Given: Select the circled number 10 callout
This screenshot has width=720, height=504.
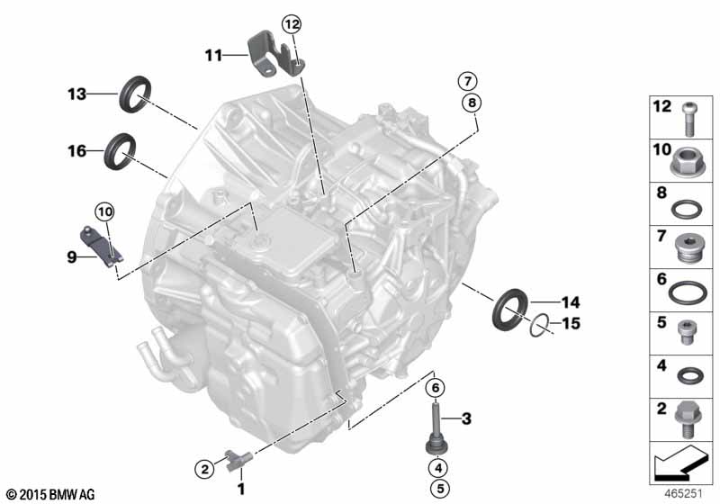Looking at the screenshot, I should click(x=105, y=211).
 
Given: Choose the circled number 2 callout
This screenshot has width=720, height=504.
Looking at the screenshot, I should click(x=205, y=467).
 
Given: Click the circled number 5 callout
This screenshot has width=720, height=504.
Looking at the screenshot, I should click(x=436, y=489).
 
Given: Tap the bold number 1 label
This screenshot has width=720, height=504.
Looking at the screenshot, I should click(x=240, y=489).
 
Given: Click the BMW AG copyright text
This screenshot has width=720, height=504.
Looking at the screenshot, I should click(x=50, y=494).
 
